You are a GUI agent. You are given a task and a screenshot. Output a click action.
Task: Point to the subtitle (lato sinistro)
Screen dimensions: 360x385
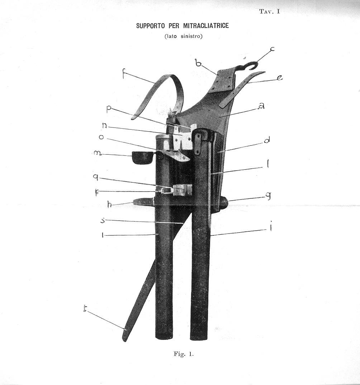pyautogui.click(x=184, y=36)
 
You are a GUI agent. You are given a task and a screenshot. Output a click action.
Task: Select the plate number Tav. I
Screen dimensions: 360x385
pyautogui.click(x=270, y=11)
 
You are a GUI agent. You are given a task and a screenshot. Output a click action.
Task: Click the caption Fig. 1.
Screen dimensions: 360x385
pyautogui.click(x=184, y=354)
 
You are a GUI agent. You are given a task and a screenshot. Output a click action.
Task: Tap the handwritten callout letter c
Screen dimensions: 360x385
pyautogui.click(x=273, y=49)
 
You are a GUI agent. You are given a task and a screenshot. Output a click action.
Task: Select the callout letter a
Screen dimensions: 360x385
pyautogui.click(x=262, y=106)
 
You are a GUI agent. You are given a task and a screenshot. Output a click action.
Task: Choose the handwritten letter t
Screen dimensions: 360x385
pyautogui.click(x=85, y=309)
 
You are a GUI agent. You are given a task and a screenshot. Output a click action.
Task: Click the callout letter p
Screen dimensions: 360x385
pyautogui.click(x=109, y=109)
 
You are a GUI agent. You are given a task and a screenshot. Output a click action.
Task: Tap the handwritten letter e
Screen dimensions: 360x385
pyautogui.click(x=279, y=77)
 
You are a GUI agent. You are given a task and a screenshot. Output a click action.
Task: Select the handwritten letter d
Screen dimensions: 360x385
pyautogui.click(x=266, y=140)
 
